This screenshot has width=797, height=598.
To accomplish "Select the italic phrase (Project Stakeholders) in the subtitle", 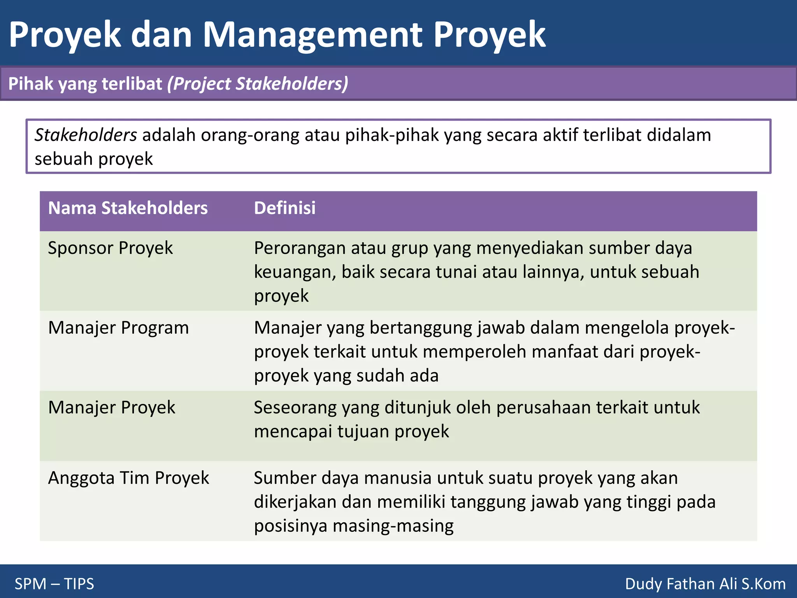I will point(258,84).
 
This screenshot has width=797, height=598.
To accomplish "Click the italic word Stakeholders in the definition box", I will point(86,135).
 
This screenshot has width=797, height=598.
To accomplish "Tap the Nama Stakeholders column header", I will point(128,208).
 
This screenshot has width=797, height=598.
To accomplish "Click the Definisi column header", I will point(284,208).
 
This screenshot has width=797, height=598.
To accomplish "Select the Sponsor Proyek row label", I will point(110,248).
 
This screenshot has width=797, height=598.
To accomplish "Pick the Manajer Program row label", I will point(118,328).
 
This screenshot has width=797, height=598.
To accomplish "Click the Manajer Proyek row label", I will point(112,408).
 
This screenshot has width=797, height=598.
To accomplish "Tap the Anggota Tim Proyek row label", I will point(128,478).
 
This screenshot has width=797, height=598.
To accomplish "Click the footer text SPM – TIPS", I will point(54,584).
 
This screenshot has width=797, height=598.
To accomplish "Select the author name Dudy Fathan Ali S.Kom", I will point(705,584).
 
